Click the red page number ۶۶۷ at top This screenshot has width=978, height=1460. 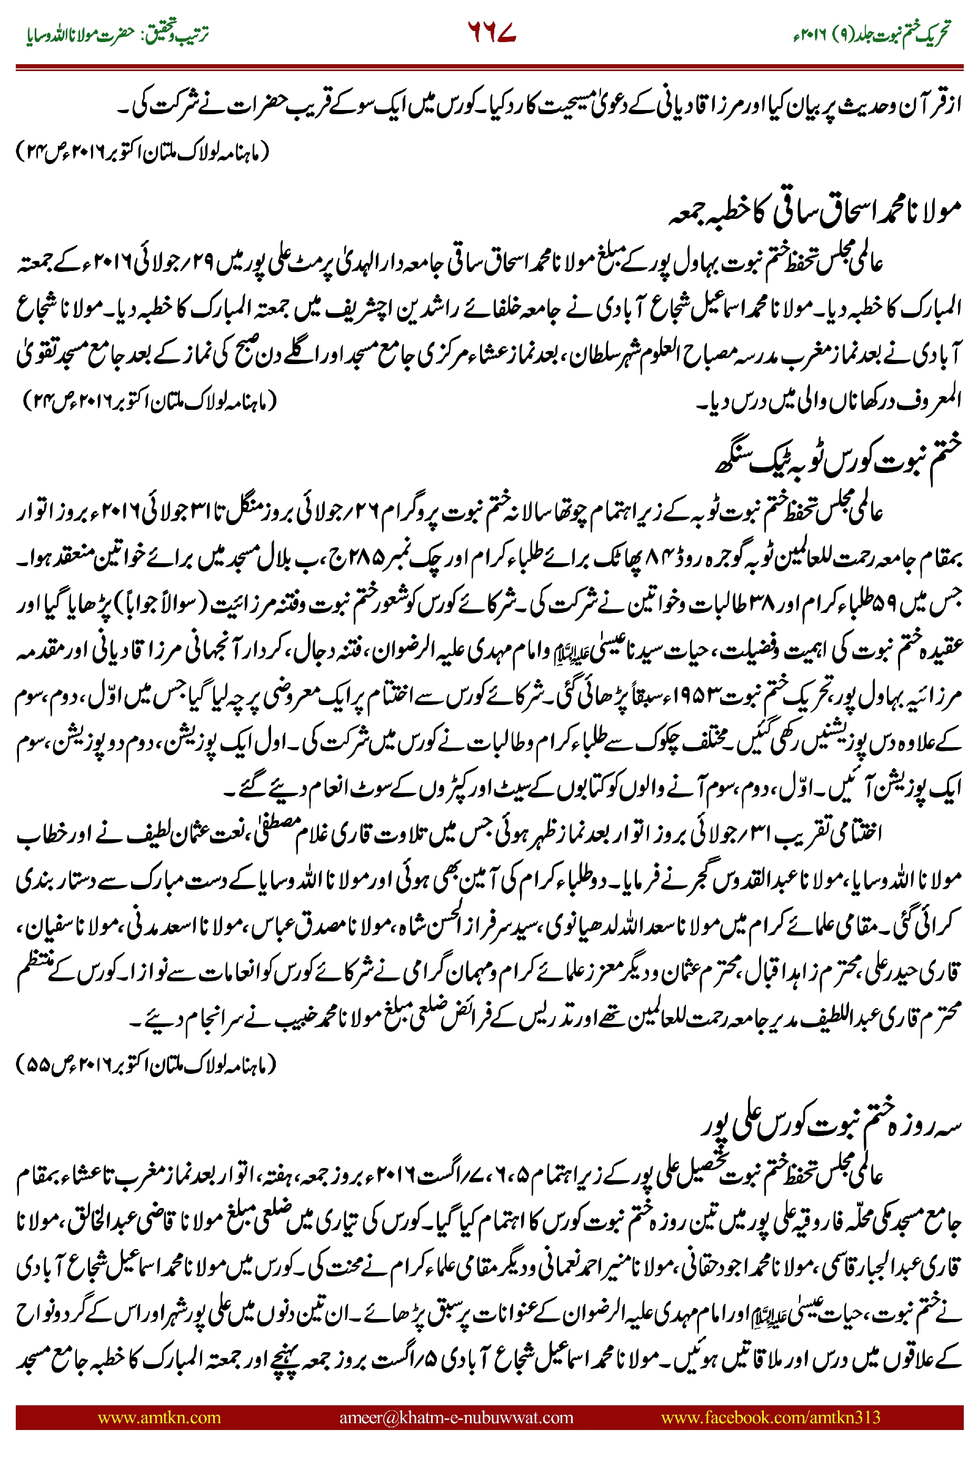tap(491, 33)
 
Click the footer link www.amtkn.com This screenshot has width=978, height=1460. tap(159, 1417)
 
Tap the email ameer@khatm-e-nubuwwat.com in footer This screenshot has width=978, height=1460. tap(456, 1417)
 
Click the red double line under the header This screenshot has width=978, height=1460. tap(489, 66)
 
